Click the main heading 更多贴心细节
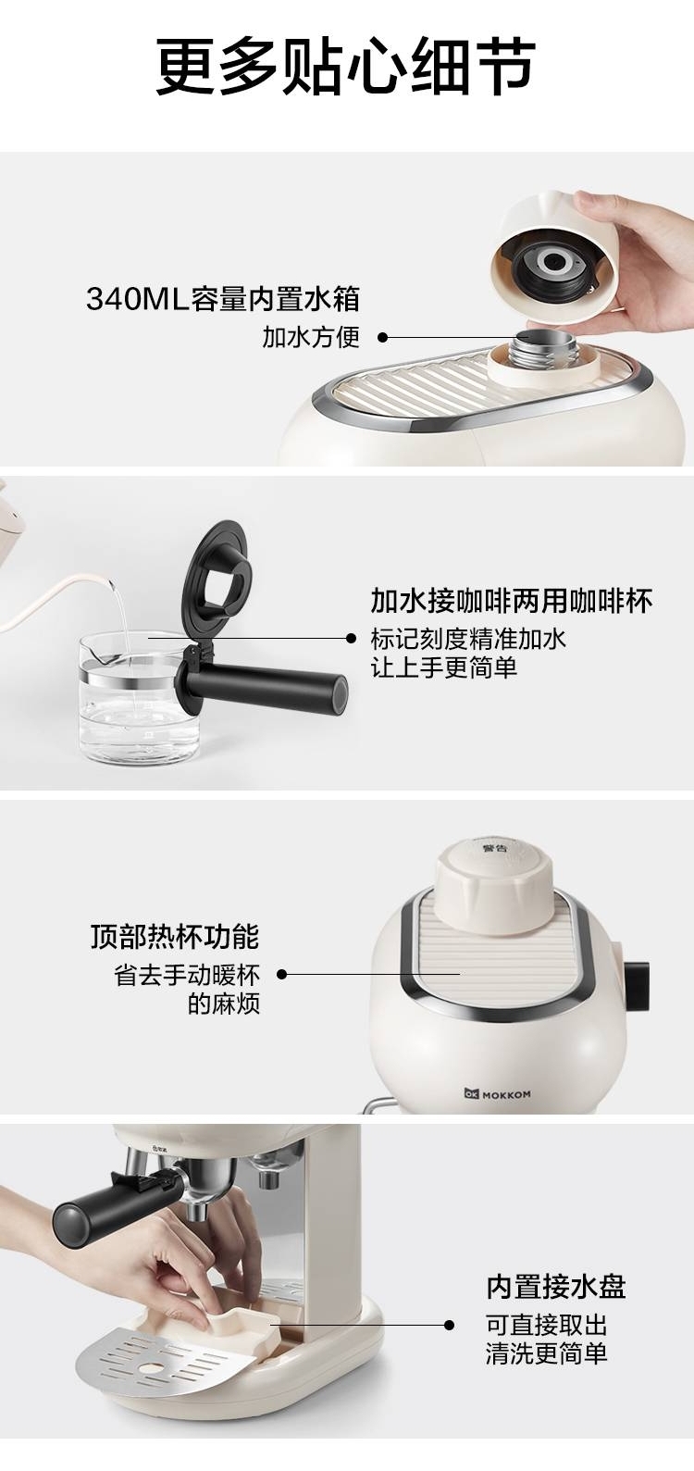tap(346, 67)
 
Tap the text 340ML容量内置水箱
tap(223, 299)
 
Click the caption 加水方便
tap(311, 337)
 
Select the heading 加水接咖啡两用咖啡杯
tap(512, 601)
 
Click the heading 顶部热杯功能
tap(175, 937)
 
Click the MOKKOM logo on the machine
tap(498, 1094)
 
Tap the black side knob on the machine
tap(637, 987)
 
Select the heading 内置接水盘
tap(556, 1287)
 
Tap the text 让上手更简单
tap(444, 667)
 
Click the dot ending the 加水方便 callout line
tap(382, 338)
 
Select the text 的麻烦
tap(224, 1004)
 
